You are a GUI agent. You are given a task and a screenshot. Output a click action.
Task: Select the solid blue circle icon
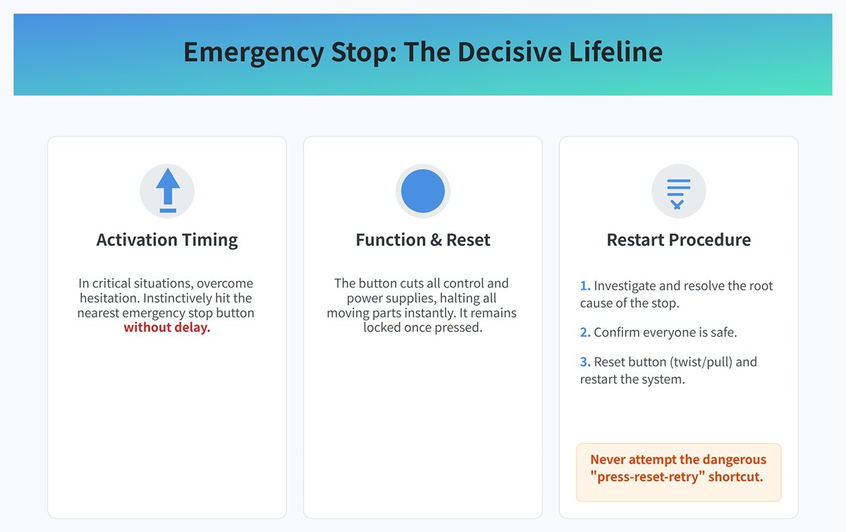click(423, 191)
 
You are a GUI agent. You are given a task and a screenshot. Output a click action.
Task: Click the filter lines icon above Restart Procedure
click(678, 191)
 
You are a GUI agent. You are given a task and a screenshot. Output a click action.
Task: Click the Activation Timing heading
click(167, 240)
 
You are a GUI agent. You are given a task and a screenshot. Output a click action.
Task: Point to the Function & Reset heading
click(423, 240)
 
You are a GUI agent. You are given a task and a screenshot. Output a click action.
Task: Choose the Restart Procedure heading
click(678, 240)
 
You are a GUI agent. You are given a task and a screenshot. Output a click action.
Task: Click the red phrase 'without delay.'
click(167, 328)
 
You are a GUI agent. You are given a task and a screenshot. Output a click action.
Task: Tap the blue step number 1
click(584, 286)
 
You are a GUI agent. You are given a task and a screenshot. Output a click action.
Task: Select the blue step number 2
click(584, 333)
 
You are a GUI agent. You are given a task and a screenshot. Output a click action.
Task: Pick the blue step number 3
click(584, 362)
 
